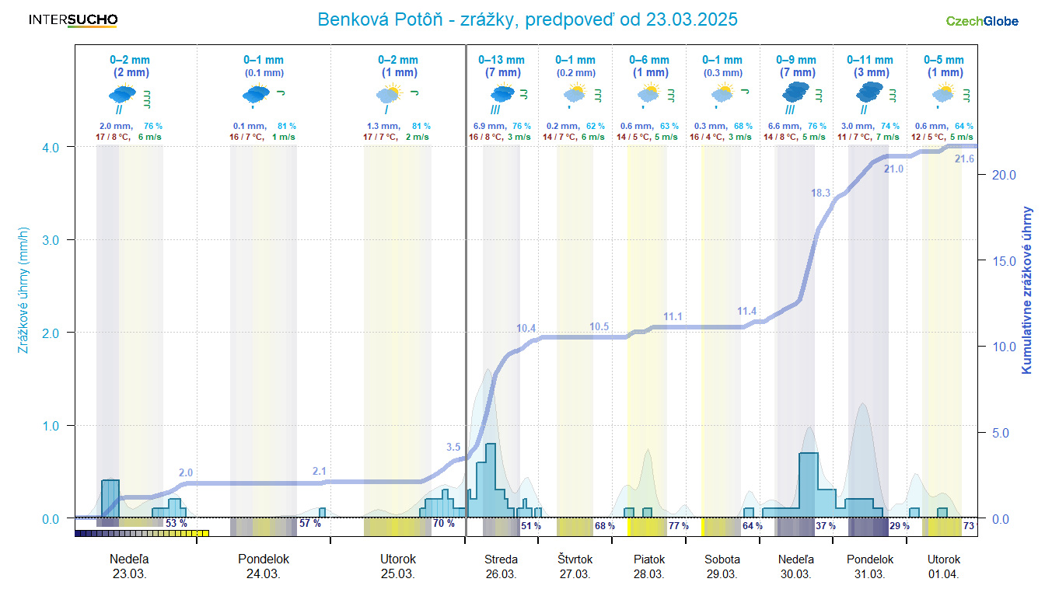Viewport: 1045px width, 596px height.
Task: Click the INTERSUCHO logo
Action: [x=73, y=20]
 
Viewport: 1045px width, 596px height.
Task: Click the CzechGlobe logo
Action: [x=982, y=21]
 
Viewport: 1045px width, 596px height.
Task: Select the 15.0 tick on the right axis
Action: [x=1002, y=261]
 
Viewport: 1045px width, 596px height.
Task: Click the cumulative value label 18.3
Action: [x=821, y=193]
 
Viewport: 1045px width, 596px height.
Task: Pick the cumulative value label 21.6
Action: [x=963, y=159]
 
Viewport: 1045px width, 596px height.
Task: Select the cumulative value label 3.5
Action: [x=453, y=448]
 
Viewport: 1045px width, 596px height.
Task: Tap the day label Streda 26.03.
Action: [x=501, y=566]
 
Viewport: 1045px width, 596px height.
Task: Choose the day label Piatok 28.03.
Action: [x=648, y=566]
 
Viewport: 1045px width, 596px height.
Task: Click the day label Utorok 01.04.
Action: [x=944, y=566]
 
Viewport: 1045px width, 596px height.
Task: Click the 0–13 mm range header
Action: [x=502, y=60]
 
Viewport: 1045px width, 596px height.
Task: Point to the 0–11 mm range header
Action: [x=870, y=60]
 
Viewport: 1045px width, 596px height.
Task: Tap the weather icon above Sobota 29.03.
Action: [x=722, y=94]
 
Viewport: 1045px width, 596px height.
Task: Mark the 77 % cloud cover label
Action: [x=679, y=526]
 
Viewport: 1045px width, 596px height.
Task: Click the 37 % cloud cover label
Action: [x=826, y=526]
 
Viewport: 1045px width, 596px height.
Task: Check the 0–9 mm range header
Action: [x=796, y=60]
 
